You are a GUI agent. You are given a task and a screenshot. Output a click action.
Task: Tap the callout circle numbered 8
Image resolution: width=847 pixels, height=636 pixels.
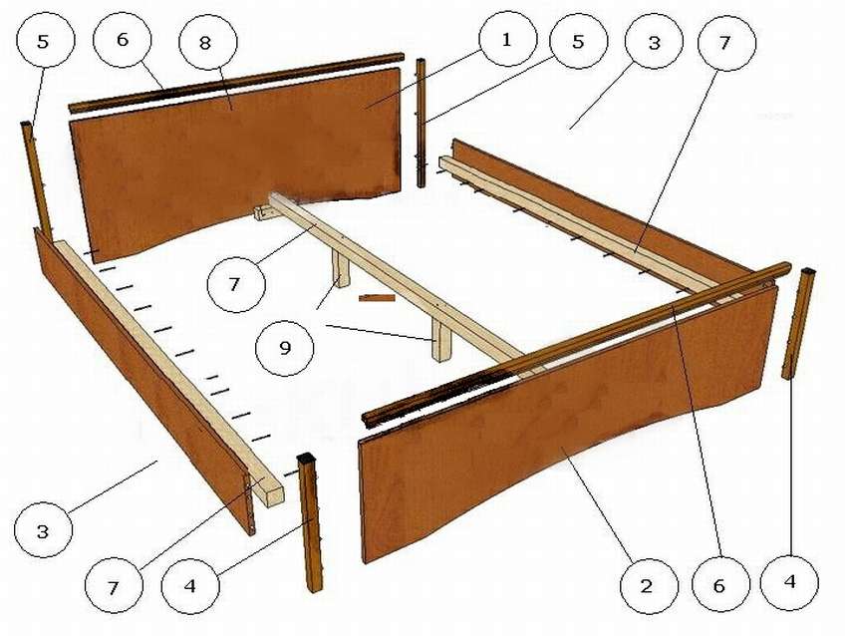[204, 43]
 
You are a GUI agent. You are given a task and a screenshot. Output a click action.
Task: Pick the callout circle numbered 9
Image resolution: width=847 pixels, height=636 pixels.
[285, 348]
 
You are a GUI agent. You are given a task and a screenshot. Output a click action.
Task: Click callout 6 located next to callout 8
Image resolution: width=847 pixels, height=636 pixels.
[123, 40]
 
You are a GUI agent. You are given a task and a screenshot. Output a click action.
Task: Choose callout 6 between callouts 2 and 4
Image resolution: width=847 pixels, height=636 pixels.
[720, 585]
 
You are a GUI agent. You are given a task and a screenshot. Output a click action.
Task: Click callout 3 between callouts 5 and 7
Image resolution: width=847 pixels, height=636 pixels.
[654, 41]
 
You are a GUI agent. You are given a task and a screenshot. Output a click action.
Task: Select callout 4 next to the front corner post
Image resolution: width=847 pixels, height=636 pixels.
[190, 585]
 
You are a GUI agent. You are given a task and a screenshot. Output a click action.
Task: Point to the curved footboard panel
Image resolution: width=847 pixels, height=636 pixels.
[567, 427]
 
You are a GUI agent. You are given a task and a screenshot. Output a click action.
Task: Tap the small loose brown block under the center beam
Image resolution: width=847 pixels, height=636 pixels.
[377, 298]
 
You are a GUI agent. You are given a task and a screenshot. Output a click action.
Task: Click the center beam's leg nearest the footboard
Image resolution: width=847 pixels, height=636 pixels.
[441, 340]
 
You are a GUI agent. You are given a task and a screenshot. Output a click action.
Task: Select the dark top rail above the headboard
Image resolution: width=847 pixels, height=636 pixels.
[236, 83]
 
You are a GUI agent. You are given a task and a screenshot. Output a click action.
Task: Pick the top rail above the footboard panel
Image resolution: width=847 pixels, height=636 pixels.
[577, 344]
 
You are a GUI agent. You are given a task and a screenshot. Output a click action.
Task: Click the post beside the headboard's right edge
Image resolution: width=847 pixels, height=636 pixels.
[422, 124]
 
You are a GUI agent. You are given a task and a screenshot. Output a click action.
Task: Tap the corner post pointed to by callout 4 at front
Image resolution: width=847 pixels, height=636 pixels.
[310, 521]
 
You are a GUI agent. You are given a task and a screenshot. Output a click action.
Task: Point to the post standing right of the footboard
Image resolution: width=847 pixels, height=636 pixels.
[799, 323]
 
